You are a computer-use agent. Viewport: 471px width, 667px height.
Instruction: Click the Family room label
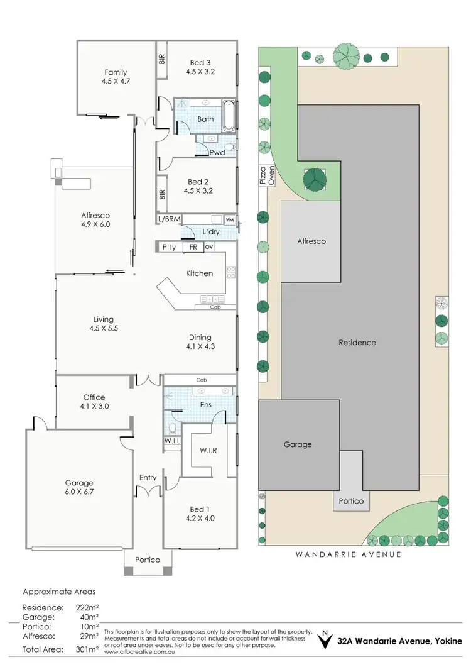pos(116,72)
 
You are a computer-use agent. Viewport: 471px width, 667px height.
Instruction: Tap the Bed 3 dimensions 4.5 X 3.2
pos(200,72)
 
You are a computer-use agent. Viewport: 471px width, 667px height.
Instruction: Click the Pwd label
pos(217,153)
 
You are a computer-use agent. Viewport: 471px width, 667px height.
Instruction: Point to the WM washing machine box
pos(229,220)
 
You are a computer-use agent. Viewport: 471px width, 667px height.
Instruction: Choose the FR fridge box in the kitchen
pos(193,247)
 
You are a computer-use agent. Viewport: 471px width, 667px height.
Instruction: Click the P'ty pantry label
pos(168,247)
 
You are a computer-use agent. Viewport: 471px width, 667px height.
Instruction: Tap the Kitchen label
pos(199,273)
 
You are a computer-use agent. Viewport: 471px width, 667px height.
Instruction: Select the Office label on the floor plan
pos(94,397)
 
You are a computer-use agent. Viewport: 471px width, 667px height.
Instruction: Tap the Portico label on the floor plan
pos(148,560)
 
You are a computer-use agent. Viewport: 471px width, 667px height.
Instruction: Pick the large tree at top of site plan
pos(346,55)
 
